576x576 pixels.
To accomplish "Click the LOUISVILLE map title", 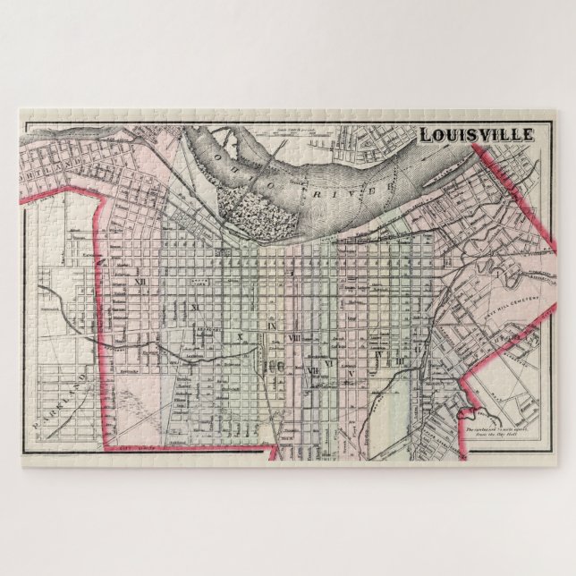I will coord(477,135).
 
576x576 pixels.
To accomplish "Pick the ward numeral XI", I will coord(192,307).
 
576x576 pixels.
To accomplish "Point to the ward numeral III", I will coord(401,360).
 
